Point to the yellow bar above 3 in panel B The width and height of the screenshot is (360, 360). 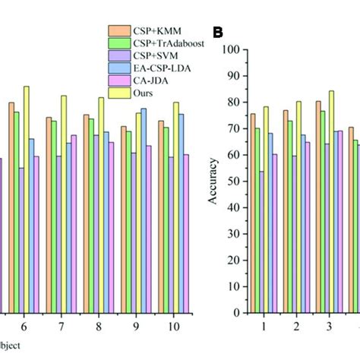pyautogui.click(x=331, y=201)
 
